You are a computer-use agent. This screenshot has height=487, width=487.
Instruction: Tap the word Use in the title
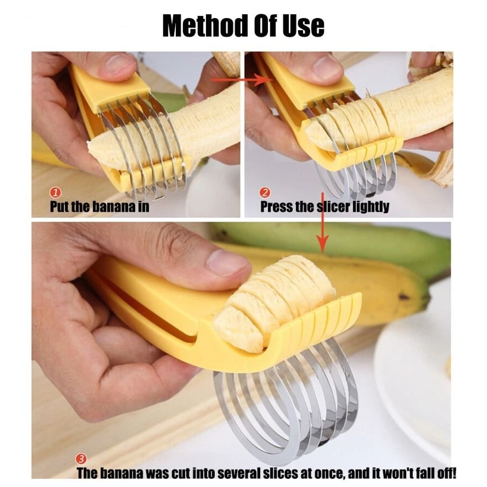(x=302, y=25)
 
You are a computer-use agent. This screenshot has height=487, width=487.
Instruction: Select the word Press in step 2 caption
(x=276, y=206)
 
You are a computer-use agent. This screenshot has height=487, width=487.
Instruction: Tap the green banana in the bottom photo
(x=341, y=243)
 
